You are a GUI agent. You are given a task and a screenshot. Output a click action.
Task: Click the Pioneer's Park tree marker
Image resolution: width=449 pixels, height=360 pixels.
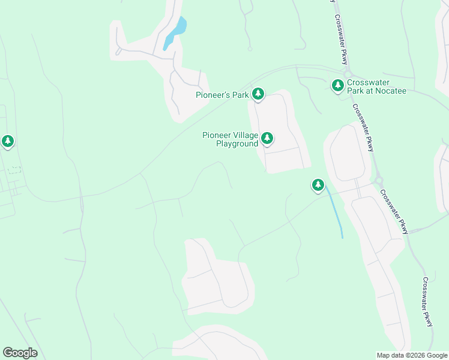258,94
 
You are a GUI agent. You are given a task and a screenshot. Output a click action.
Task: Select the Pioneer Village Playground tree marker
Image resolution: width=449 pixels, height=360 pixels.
267,139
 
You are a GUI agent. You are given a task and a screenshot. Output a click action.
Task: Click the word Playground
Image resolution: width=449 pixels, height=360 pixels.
237,144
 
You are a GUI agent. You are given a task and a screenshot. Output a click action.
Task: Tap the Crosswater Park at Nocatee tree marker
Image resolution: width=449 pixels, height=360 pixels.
338,85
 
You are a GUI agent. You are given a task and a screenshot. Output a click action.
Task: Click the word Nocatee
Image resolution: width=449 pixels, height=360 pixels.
393,91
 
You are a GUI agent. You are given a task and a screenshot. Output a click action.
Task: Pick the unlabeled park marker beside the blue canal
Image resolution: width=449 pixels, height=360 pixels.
318,185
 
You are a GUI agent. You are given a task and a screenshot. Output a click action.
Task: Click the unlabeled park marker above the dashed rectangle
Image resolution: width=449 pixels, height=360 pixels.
7,142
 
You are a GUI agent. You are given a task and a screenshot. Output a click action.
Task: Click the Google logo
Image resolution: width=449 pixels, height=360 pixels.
20,353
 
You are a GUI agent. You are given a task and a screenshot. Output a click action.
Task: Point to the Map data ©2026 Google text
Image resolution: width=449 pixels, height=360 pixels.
412,355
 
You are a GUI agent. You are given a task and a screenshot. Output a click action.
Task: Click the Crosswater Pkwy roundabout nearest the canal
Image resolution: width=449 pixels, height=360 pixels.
379,180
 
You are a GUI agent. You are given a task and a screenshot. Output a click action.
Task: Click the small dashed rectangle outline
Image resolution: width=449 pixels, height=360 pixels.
15,170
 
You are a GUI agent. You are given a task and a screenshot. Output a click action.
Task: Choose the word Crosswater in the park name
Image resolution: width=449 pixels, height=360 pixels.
369,82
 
